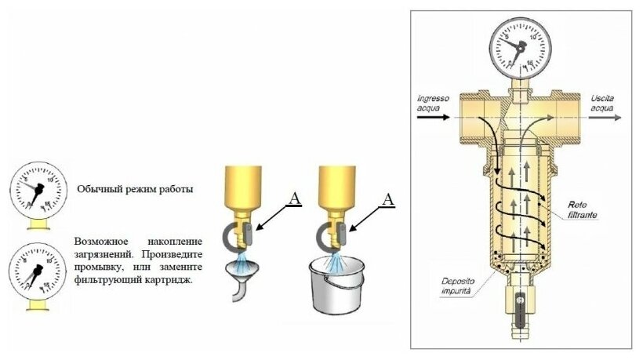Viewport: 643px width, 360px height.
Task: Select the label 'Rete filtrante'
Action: [583, 208]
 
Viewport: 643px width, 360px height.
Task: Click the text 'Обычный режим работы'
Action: [134, 189]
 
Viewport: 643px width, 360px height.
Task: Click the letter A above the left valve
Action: [294, 198]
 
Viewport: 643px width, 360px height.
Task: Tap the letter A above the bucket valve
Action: [387, 199]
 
